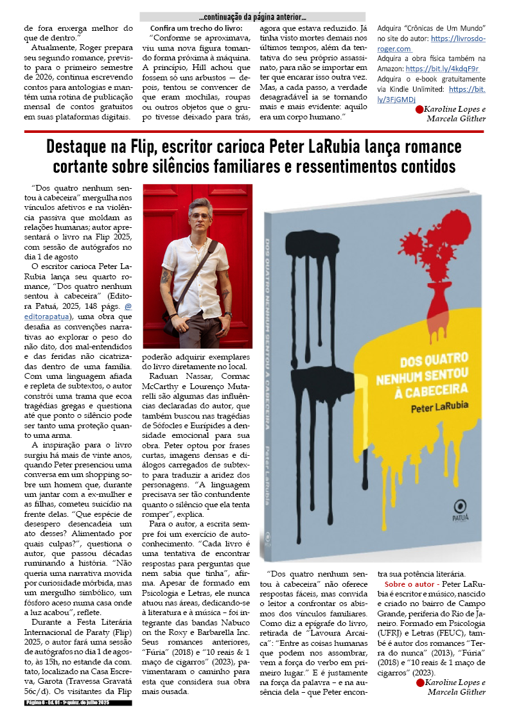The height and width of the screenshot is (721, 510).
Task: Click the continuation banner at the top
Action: coord(252,17)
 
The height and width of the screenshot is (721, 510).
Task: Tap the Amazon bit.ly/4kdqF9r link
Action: coord(443,69)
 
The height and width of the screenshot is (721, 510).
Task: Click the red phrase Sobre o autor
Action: coord(411,584)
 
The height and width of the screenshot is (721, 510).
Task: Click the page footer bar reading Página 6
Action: coord(77,704)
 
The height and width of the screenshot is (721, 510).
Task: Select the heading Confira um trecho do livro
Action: coord(196,28)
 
